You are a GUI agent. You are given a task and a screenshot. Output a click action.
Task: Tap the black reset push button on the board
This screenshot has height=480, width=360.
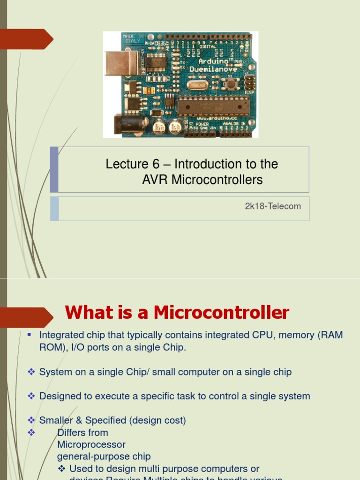[x=230, y=84]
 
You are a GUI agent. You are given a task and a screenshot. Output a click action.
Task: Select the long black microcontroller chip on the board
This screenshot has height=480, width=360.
[x=213, y=106]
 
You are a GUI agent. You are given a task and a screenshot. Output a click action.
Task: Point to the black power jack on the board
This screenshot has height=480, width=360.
[x=126, y=124]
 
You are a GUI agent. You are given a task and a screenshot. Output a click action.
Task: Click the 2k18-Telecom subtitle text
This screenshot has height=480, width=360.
[x=273, y=206]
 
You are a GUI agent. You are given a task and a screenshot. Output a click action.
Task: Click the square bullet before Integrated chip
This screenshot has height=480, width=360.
[x=29, y=334]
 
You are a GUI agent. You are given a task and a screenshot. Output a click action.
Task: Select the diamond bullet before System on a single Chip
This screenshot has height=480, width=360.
[x=31, y=372]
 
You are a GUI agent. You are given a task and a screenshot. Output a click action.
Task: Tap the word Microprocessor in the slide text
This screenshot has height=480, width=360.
[x=91, y=444]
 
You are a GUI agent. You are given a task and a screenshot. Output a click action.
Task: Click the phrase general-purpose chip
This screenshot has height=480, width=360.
[x=104, y=457]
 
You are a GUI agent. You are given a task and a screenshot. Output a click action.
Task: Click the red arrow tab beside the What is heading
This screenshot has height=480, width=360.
[x=26, y=317]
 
